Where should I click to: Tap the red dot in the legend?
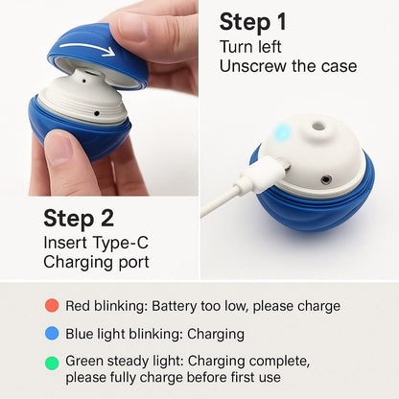click(51, 306)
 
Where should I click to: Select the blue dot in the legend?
click(51, 334)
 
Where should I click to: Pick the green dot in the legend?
click(51, 362)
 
